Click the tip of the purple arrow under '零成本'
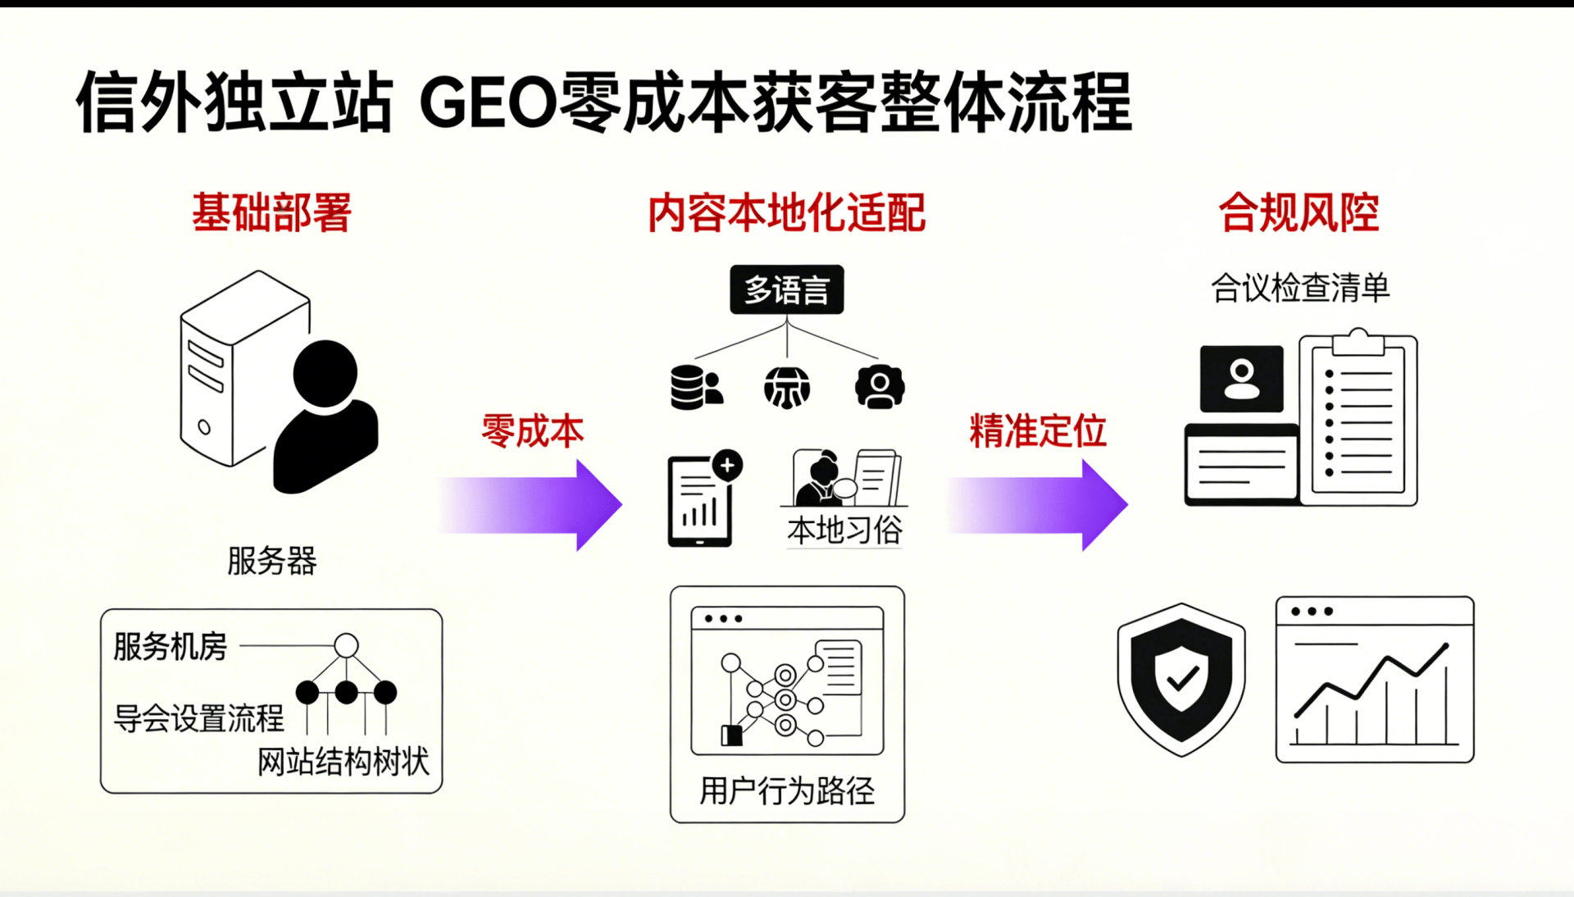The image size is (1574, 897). tap(622, 505)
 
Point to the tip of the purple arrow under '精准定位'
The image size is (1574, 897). tap(1128, 505)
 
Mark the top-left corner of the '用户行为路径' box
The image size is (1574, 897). tap(671, 586)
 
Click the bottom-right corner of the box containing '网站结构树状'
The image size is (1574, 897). tap(442, 793)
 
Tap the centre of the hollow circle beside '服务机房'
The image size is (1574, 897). tap(346, 645)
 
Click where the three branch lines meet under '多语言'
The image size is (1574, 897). tap(787, 323)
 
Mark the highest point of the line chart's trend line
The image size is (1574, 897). tap(1446, 644)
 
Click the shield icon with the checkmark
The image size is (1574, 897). tap(1181, 679)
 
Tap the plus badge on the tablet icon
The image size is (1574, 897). tap(727, 465)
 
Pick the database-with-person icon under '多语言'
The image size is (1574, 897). tap(696, 387)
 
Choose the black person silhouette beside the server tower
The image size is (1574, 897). tap(325, 417)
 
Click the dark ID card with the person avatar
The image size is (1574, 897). tap(1241, 379)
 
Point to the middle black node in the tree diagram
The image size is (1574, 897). tap(346, 693)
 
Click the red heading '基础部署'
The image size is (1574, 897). tap(271, 212)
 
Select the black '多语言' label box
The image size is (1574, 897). tap(787, 289)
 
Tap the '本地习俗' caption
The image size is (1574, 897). tap(844, 530)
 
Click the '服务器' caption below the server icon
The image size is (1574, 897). tap(271, 561)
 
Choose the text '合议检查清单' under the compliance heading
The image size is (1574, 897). tap(1300, 288)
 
